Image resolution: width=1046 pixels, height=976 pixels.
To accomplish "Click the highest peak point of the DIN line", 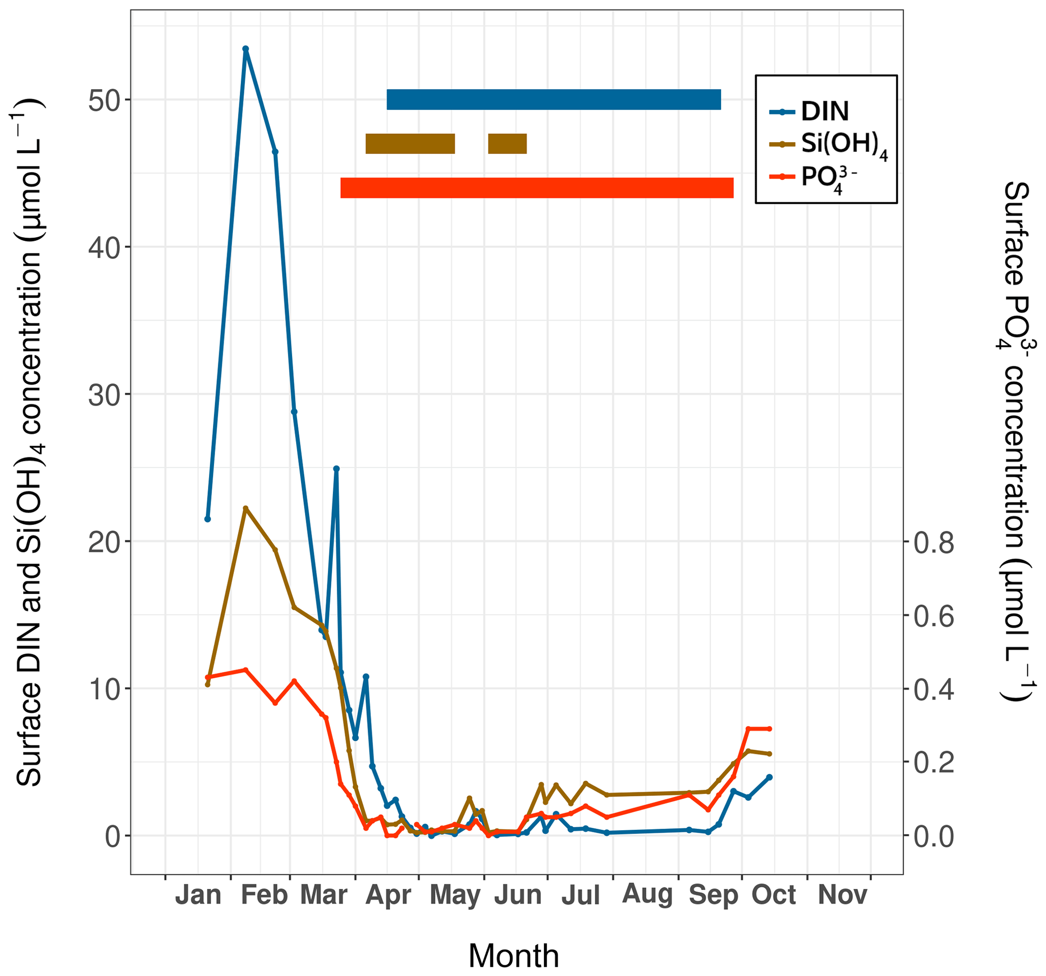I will [245, 49].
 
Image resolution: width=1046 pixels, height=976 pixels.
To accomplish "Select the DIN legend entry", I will [824, 111].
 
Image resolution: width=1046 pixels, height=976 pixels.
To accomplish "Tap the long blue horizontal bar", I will [554, 100].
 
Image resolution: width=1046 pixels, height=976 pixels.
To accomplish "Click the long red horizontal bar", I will [537, 188].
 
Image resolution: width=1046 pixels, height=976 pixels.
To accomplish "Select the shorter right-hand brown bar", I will [507, 144].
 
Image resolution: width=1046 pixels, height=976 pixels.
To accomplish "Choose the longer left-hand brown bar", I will [410, 144].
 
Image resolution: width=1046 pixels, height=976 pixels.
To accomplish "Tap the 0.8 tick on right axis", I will [933, 542].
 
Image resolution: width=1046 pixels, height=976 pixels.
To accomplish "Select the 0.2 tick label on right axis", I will [933, 762].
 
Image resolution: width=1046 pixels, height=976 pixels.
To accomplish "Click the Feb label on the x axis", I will [264, 895].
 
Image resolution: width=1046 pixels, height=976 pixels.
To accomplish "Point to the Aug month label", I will [647, 895].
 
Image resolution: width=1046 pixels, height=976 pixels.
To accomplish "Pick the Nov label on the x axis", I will [843, 895].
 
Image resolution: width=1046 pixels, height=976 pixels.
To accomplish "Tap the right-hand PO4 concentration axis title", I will [1017, 442].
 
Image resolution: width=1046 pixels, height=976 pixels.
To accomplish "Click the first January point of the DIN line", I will [207, 519].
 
